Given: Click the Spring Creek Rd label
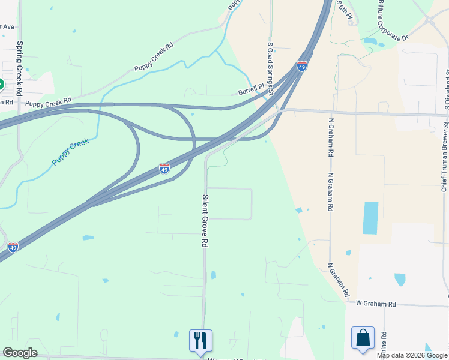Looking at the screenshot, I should pyautogui.click(x=19, y=68).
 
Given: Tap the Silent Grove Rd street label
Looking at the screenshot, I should pyautogui.click(x=205, y=221).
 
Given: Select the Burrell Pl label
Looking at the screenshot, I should pyautogui.click(x=251, y=90).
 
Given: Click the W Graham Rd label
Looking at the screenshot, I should pyautogui.click(x=376, y=304).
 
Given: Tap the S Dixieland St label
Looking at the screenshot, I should pyautogui.click(x=447, y=90).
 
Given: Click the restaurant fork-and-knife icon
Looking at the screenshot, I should pyautogui.click(x=200, y=340).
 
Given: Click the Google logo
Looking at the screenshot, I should pyautogui.click(x=20, y=353).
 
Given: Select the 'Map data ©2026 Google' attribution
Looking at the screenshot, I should pyautogui.click(x=412, y=355).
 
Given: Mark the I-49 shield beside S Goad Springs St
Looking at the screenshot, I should pyautogui.click(x=302, y=65).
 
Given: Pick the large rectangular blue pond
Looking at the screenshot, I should pyautogui.click(x=371, y=217).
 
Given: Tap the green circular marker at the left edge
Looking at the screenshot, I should pyautogui.click(x=1, y=84).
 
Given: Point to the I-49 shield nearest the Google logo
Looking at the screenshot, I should pyautogui.click(x=13, y=247).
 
